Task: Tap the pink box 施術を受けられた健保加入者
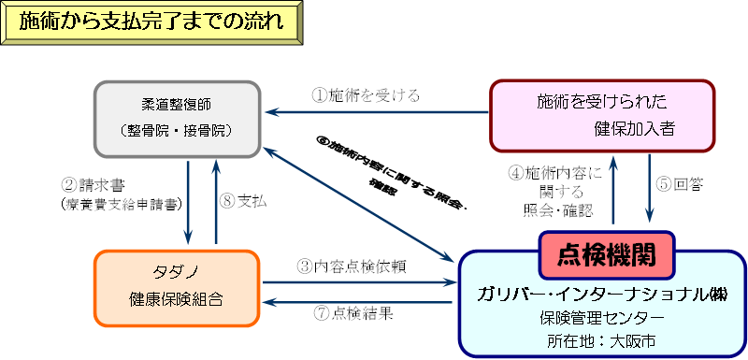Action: coord(602,115)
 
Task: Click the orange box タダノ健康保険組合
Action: coord(177,287)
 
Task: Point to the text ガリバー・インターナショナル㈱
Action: coord(602,294)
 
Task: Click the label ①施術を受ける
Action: coord(366,94)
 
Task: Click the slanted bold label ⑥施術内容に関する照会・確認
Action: coord(383,167)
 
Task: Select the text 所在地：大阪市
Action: coord(601,338)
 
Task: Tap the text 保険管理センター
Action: coord(601,317)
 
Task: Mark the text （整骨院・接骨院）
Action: coord(177,129)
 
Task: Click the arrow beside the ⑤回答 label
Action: coord(650,191)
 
